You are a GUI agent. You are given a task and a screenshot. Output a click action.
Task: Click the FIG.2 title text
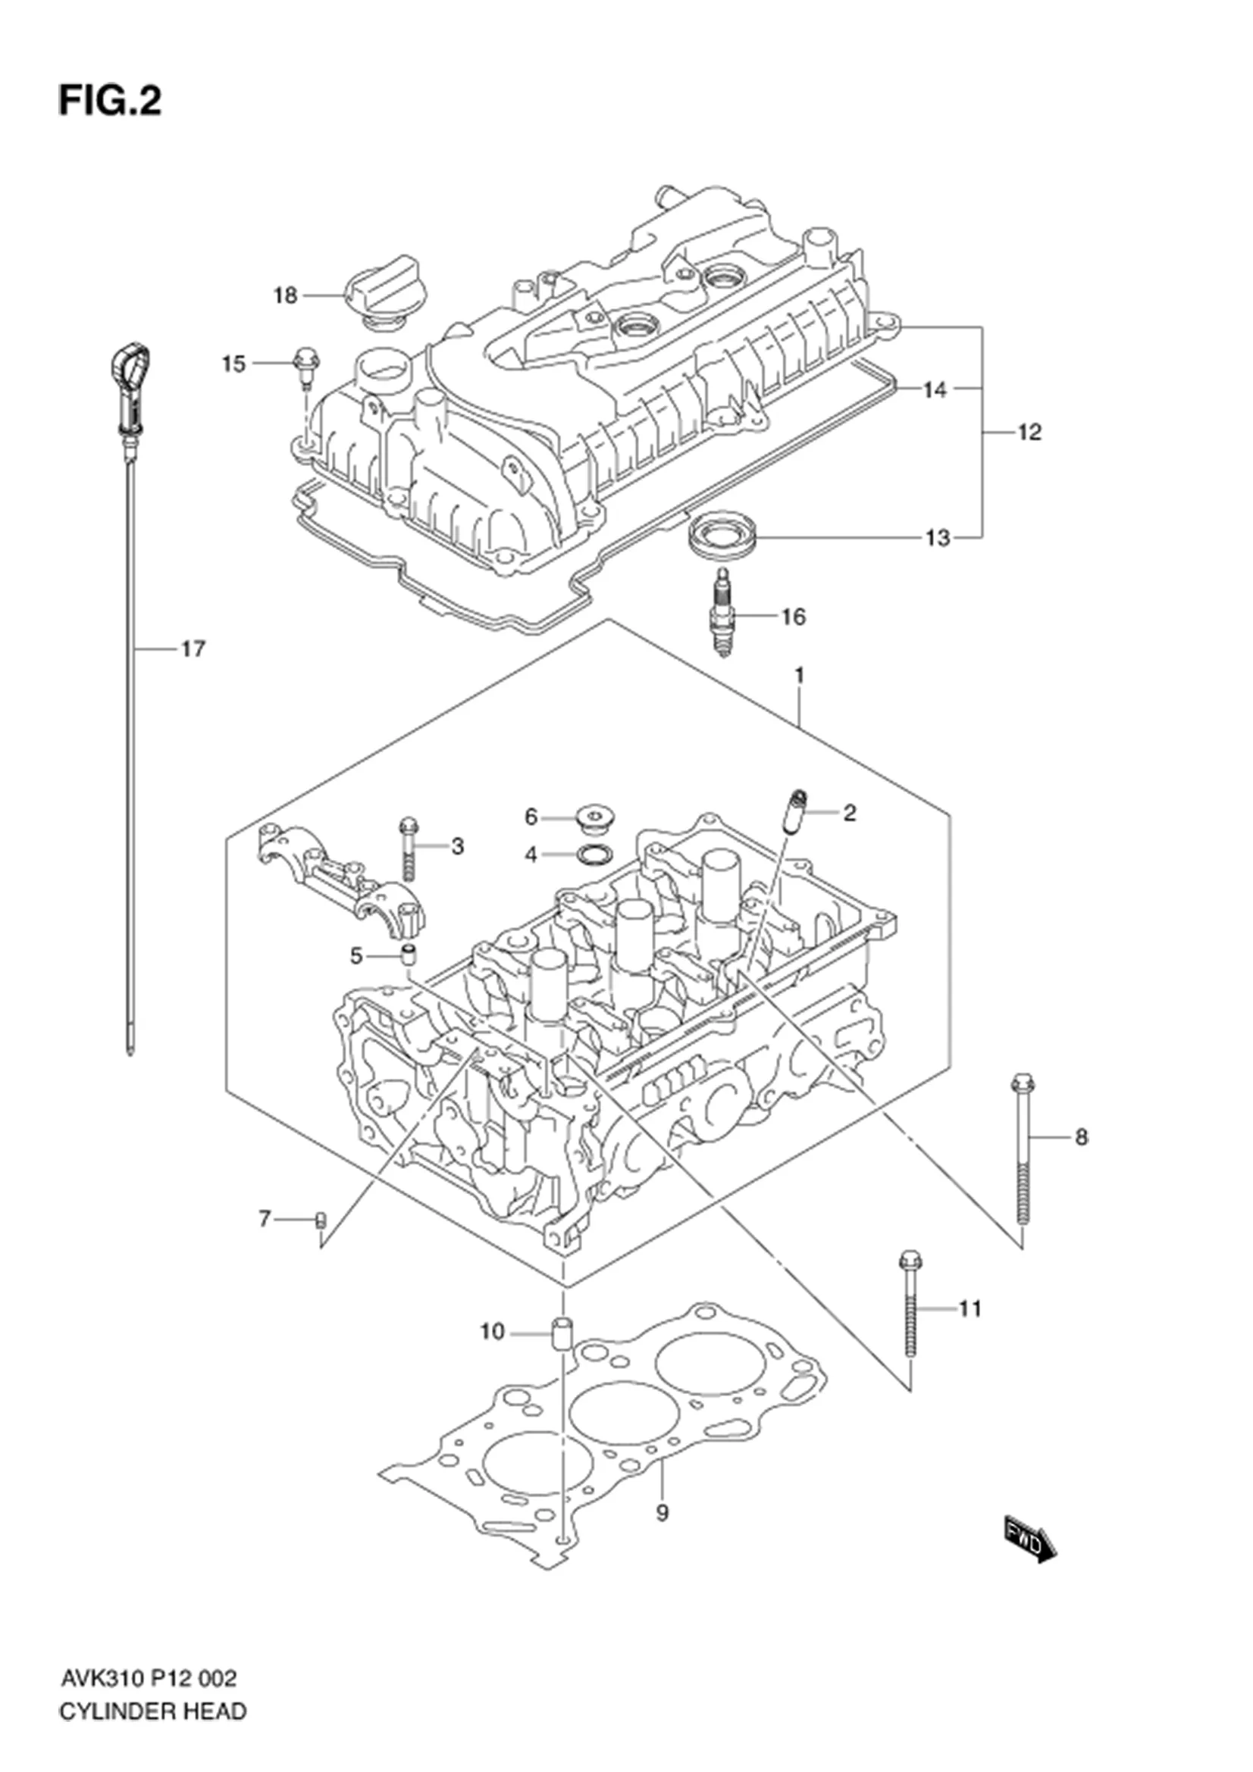[x=111, y=101]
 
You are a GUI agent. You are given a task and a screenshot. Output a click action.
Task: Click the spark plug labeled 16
[x=722, y=613]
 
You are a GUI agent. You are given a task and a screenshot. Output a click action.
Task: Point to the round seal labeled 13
[x=723, y=536]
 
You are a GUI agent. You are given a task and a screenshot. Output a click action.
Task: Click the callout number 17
[x=193, y=649]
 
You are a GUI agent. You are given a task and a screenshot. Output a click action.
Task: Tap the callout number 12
[x=1029, y=432]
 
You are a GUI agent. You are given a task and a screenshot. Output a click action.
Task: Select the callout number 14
[x=934, y=389]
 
